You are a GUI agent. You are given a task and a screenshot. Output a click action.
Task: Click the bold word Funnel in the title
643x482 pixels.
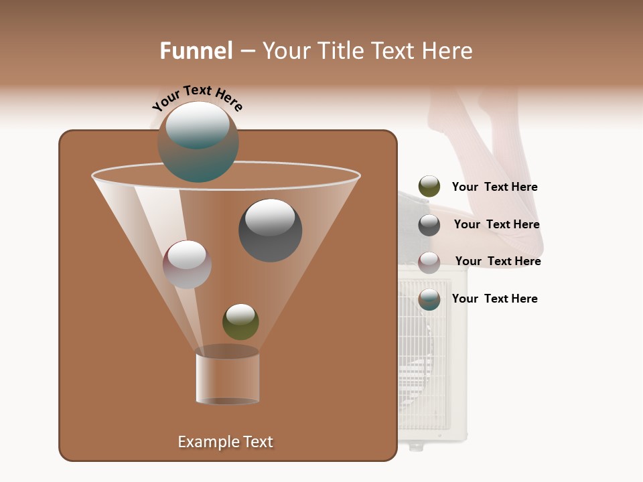196,51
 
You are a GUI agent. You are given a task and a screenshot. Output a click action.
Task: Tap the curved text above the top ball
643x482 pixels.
197,98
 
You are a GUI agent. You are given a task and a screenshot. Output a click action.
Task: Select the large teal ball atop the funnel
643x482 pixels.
198,142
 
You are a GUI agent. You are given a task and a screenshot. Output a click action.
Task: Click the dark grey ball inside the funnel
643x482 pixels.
270,230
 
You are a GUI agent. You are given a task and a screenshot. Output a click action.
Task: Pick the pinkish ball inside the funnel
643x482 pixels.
187,264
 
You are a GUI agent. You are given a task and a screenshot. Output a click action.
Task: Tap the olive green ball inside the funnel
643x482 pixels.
240,321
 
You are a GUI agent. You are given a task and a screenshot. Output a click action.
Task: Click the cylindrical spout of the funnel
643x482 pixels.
228,378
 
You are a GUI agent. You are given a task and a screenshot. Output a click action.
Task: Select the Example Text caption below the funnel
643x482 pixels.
225,442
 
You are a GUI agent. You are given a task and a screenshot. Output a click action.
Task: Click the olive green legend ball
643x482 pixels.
429,187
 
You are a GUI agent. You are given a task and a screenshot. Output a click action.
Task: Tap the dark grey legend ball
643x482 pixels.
429,225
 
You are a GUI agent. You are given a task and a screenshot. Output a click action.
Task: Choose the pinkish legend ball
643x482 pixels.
429,262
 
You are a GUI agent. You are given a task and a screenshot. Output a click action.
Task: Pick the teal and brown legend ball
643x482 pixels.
429,299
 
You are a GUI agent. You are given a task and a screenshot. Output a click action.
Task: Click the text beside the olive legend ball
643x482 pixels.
494,187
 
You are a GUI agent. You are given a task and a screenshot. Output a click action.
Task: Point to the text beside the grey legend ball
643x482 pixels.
496,225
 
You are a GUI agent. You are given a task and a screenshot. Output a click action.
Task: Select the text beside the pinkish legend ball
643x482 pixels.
498,262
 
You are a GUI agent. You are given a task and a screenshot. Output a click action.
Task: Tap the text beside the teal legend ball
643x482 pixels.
494,299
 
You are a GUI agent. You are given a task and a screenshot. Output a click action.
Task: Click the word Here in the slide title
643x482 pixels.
447,51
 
